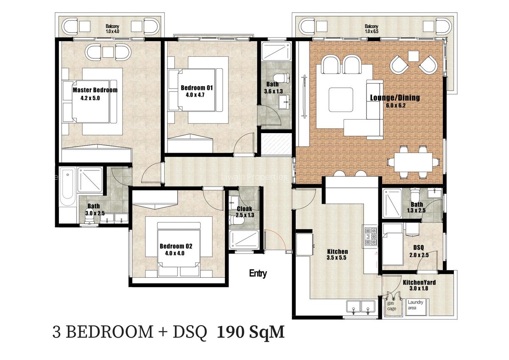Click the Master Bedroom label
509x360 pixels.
(95, 90)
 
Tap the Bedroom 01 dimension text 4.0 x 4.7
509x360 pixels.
(196, 95)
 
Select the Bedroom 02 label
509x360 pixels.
(176, 246)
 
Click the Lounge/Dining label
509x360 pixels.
(394, 98)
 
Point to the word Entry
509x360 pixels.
(258, 273)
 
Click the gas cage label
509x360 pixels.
(392, 305)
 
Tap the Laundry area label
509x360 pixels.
(415, 305)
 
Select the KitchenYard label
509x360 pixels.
(419, 282)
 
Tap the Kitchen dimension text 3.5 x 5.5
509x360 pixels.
(337, 258)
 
